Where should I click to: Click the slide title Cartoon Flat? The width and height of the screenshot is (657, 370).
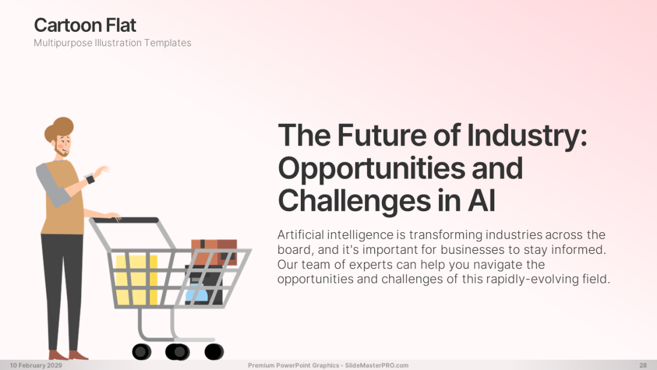click(x=85, y=25)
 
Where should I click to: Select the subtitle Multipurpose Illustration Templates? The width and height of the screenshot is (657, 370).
click(x=112, y=43)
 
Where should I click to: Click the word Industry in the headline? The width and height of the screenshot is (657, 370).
click(x=527, y=135)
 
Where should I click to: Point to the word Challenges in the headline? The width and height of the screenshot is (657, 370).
click(x=354, y=201)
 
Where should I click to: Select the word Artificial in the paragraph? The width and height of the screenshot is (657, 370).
click(x=300, y=235)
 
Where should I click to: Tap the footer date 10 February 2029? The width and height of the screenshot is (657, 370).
click(x=36, y=365)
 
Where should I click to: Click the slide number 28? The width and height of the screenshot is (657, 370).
click(x=643, y=365)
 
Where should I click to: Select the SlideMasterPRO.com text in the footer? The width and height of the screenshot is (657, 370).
click(x=377, y=365)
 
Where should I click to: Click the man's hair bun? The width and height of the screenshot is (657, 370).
click(x=64, y=125)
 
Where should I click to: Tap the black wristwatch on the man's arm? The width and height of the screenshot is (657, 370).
click(x=91, y=179)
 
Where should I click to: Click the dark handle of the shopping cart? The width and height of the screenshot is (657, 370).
click(x=126, y=220)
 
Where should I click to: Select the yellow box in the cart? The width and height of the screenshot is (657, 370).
click(x=136, y=279)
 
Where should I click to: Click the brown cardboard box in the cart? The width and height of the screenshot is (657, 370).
click(x=214, y=252)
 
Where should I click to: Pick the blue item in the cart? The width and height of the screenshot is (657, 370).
click(x=196, y=293)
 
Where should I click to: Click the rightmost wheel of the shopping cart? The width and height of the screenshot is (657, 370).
click(x=214, y=351)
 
